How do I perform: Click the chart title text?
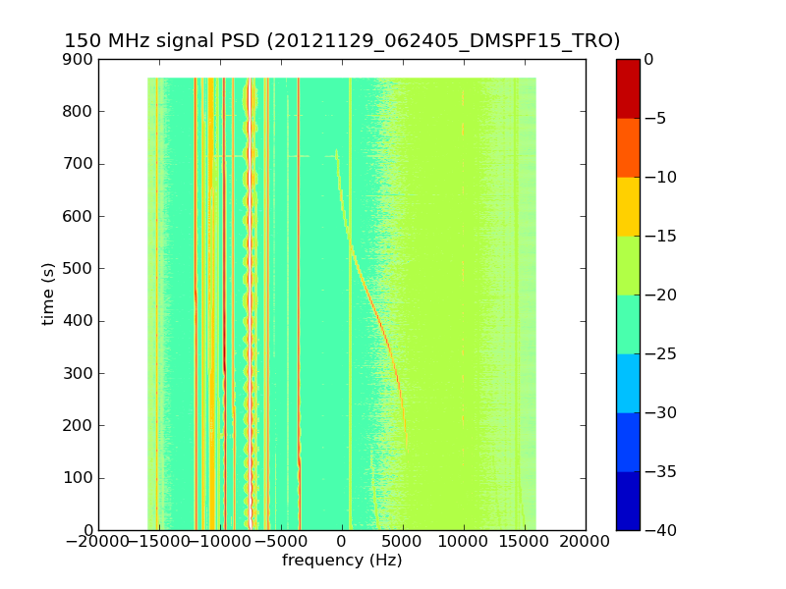pyautogui.click(x=342, y=41)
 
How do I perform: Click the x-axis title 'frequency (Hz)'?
pyautogui.click(x=342, y=561)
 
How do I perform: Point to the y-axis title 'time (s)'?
pyautogui.click(x=48, y=294)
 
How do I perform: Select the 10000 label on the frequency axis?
pyautogui.click(x=464, y=541)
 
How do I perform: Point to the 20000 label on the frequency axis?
pyautogui.click(x=586, y=541)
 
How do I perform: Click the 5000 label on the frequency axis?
pyautogui.click(x=403, y=541)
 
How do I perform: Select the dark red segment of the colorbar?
pyautogui.click(x=628, y=88)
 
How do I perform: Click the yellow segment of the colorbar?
pyautogui.click(x=628, y=206)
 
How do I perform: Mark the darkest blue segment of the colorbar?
pyautogui.click(x=628, y=501)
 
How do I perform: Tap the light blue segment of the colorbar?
pyautogui.click(x=628, y=383)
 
